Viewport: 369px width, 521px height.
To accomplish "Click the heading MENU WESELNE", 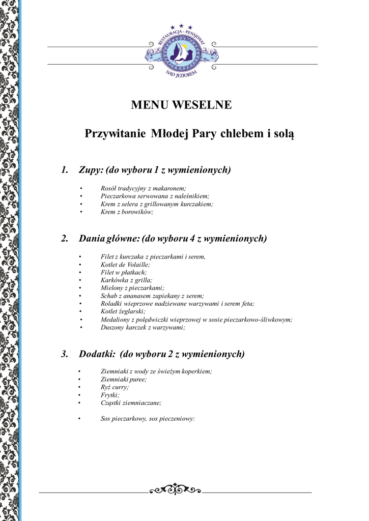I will point(181,105).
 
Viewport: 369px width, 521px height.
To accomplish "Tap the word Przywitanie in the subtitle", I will point(116,134).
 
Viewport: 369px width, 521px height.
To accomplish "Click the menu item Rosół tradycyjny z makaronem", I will point(144,188).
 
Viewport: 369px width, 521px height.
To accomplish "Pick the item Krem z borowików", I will point(127,212).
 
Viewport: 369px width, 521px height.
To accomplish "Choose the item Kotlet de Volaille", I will point(125,265).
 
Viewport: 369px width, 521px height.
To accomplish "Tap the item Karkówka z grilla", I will point(126,280).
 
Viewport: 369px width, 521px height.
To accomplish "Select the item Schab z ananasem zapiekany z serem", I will point(152,296).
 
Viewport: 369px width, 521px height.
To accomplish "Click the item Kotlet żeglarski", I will point(123,311).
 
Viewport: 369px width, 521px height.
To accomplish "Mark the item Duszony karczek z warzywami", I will point(143,327).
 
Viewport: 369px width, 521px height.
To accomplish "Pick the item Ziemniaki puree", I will point(124,379).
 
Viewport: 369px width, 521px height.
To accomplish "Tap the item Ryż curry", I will point(115,387).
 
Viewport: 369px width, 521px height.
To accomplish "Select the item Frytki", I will point(110,395).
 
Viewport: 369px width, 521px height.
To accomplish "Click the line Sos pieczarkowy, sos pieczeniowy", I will point(148,419).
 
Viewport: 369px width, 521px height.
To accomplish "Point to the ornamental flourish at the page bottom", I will point(175,489).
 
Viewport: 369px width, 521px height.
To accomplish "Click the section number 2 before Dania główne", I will point(64,238).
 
